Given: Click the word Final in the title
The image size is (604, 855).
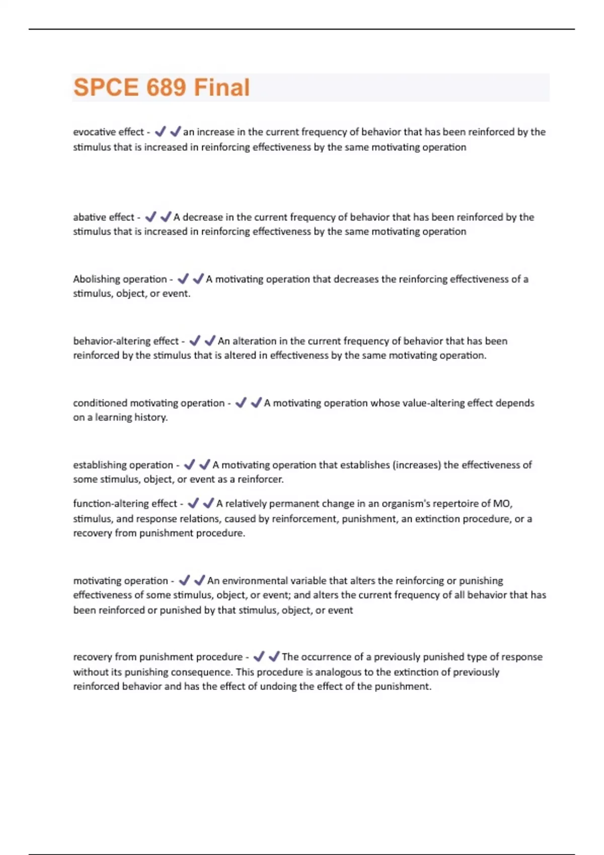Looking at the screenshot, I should tap(222, 88).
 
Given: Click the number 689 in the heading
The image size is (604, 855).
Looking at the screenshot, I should tap(166, 88).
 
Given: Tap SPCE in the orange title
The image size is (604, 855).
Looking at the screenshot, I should tap(106, 88).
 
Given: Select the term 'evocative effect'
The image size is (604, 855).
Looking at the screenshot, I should tap(108, 132).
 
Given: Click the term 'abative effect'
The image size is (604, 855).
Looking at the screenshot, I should tap(103, 217).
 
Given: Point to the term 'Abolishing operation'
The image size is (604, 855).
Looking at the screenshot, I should tap(120, 279).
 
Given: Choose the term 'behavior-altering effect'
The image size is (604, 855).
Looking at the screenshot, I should tap(125, 341).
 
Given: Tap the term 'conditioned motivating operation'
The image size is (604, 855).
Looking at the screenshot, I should tap(148, 403).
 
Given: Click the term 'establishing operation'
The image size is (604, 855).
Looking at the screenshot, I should tap(123, 465).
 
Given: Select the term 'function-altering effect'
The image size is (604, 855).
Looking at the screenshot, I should tap(125, 503).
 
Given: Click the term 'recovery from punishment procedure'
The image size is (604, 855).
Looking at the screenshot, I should tap(158, 657).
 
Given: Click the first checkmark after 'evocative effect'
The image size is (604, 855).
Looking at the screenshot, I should tap(161, 132).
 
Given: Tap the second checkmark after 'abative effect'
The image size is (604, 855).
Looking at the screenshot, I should tap(166, 217).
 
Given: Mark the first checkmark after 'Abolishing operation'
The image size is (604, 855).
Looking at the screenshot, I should tap(183, 279).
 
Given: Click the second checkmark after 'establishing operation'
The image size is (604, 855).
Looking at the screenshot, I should tap(204, 465).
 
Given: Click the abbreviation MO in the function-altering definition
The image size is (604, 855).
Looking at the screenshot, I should tap(501, 503).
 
